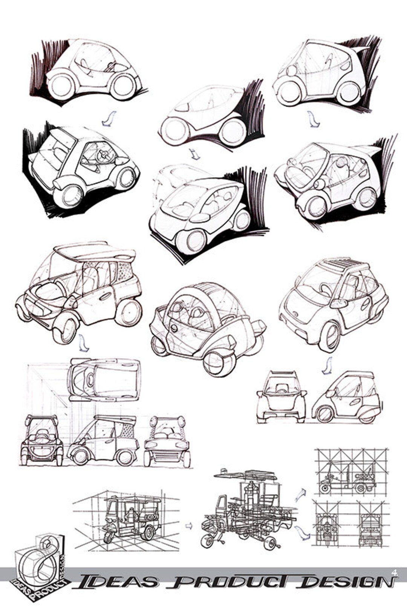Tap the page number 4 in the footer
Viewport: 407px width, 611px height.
point(395,573)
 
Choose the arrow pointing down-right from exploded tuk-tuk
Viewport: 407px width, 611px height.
point(301,532)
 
